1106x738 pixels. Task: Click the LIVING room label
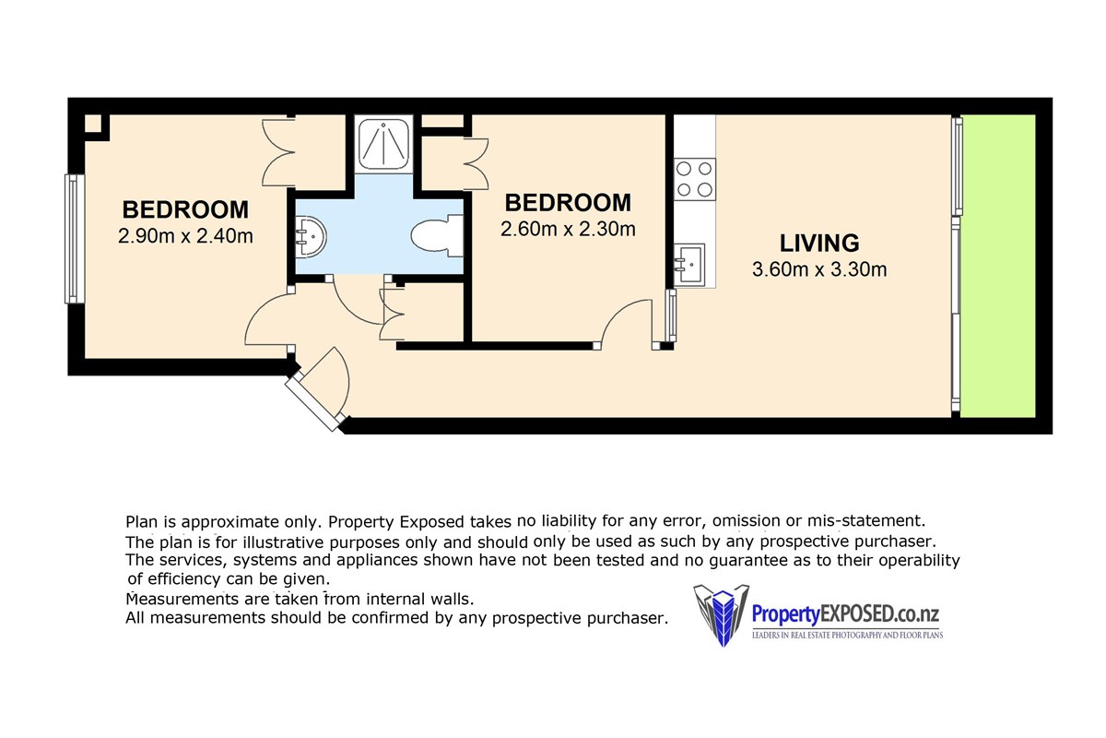819,244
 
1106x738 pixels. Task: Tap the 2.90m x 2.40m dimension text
185,236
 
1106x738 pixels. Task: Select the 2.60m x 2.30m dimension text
568,230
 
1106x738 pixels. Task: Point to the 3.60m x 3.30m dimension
819,269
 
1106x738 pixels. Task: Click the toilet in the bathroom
438,236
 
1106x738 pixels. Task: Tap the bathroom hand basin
310,236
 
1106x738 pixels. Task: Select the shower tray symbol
383,144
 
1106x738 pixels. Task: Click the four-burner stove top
695,179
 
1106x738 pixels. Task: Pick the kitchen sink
689,265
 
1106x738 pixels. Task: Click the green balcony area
998,266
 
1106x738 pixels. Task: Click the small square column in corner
93,124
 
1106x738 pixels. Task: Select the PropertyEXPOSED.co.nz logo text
845,614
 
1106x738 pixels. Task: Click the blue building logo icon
722,615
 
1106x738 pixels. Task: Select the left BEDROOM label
185,209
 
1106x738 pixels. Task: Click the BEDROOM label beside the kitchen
568,203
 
